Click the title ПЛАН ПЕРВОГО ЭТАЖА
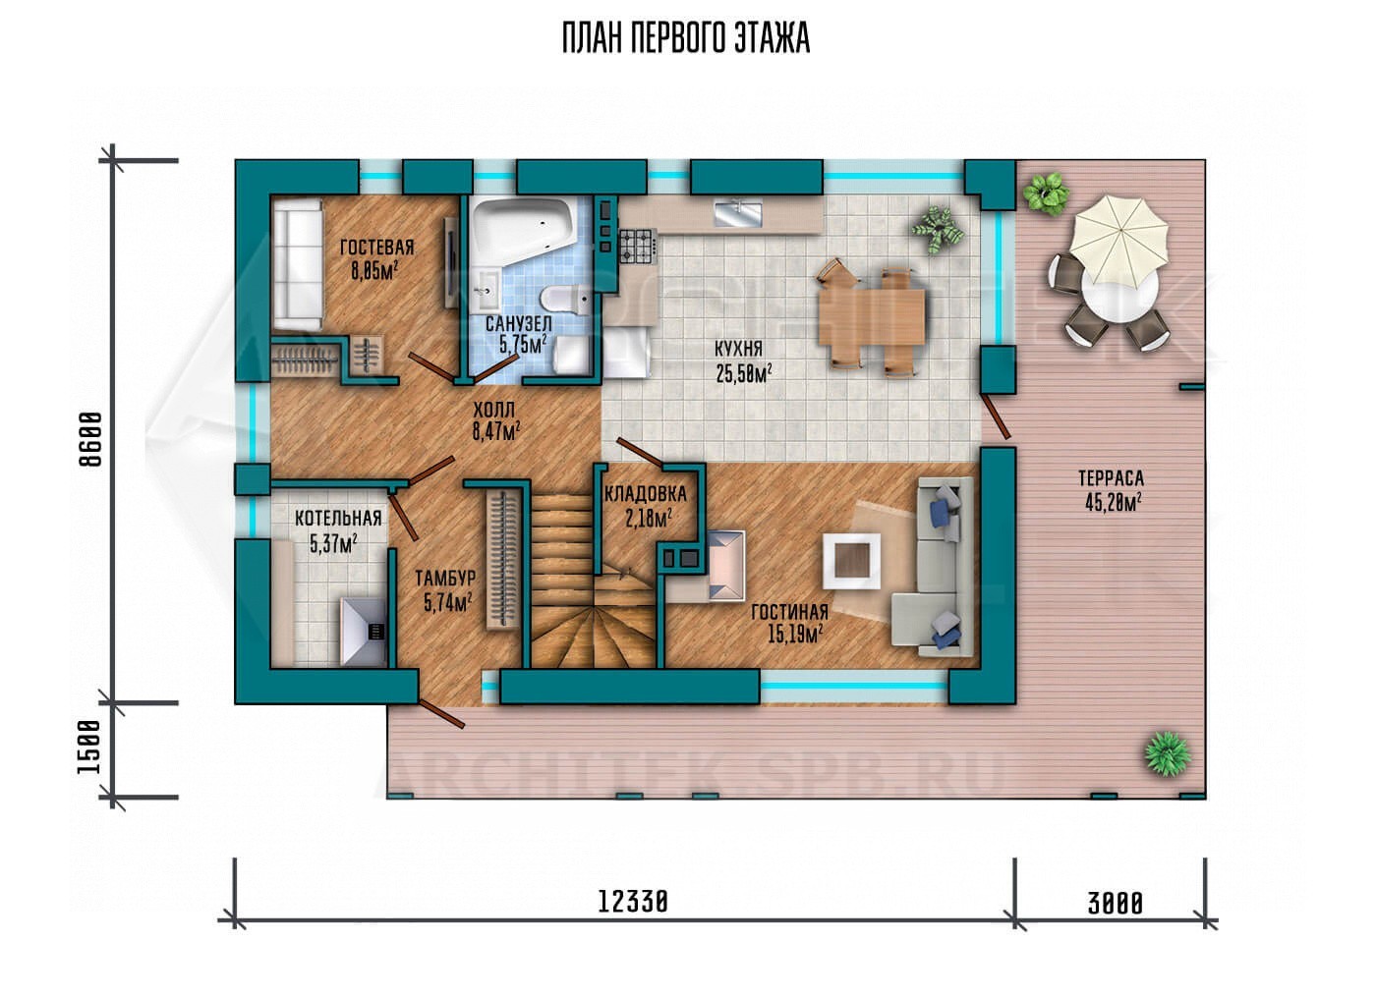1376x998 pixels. pyautogui.click(x=686, y=38)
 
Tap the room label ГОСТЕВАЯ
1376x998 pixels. pyautogui.click(x=377, y=248)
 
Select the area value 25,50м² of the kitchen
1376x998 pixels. pyautogui.click(x=744, y=373)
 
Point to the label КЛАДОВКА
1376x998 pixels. pyautogui.click(x=645, y=494)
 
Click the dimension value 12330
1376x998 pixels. pyautogui.click(x=633, y=903)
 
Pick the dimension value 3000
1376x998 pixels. pyautogui.click(x=1115, y=904)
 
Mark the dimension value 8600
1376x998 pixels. pyautogui.click(x=90, y=439)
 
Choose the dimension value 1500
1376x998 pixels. pyautogui.click(x=89, y=748)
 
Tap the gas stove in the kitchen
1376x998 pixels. pyautogui.click(x=639, y=247)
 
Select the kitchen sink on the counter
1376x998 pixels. pyautogui.click(x=737, y=212)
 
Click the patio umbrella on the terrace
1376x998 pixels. pyautogui.click(x=1118, y=236)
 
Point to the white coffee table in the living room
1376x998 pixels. pyautogui.click(x=851, y=561)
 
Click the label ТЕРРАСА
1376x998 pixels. pyautogui.click(x=1112, y=478)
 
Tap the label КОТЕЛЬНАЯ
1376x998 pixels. pyautogui.click(x=338, y=519)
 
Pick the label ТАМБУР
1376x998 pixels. pyautogui.click(x=445, y=579)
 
